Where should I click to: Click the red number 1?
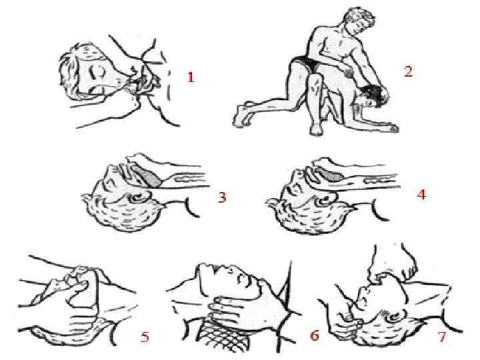[191, 77]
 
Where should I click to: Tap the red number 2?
[409, 71]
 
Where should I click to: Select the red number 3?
[222, 197]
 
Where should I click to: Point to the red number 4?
[422, 194]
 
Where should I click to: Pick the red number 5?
[145, 337]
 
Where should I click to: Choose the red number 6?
[315, 335]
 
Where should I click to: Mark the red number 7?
[442, 337]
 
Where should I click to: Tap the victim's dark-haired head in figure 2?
[371, 95]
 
